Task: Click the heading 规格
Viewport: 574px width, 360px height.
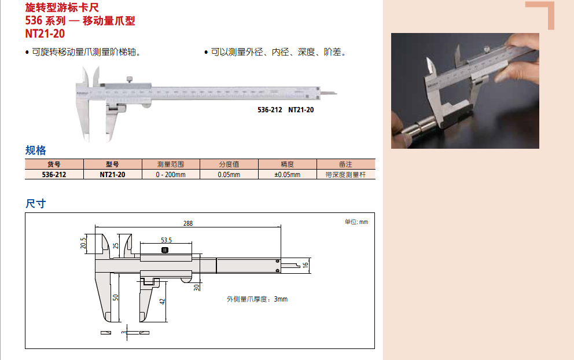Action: point(35,150)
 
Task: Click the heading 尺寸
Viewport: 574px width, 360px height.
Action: point(35,204)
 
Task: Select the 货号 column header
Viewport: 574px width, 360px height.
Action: point(54,164)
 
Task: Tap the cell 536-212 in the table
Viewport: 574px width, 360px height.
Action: point(54,175)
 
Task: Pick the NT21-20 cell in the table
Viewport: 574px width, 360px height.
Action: point(112,175)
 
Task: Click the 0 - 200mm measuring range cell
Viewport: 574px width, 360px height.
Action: point(171,175)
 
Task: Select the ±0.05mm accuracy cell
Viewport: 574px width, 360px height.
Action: point(288,175)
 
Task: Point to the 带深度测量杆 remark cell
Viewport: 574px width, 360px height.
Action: point(345,175)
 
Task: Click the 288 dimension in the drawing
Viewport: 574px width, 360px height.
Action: point(188,223)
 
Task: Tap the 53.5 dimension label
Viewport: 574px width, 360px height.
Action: point(166,240)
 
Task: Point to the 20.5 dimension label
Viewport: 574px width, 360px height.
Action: point(83,243)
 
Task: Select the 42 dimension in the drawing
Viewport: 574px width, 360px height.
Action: point(162,302)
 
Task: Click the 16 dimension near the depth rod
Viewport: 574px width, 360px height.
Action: point(306,265)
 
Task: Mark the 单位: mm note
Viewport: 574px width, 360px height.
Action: point(356,222)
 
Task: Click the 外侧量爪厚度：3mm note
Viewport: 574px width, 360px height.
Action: point(257,299)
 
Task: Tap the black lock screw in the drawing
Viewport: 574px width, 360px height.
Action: point(165,250)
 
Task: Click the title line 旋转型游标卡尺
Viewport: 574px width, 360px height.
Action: point(62,8)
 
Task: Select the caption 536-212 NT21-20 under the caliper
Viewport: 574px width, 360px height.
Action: point(285,110)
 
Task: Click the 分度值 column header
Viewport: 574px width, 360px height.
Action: point(229,164)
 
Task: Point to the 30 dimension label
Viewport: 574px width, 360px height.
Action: point(197,288)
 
